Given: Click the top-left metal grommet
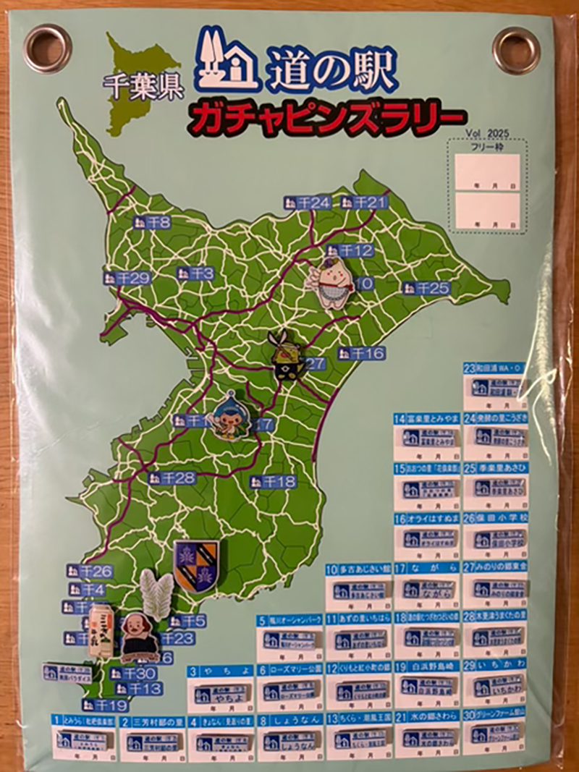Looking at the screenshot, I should tap(47, 48).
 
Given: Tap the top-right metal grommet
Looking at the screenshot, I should tap(517, 50).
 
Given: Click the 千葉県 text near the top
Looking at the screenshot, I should tap(143, 87).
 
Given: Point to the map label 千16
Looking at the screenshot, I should tap(361, 353).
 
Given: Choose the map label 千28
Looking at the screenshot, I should tap(172, 478).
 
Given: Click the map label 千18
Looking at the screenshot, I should tap(273, 481).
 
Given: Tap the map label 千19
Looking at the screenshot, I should tap(105, 704).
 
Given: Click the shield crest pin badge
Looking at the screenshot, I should tap(195, 565).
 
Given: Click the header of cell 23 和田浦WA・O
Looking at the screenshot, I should tap(496, 368).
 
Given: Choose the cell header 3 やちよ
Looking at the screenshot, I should tap(220, 671).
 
